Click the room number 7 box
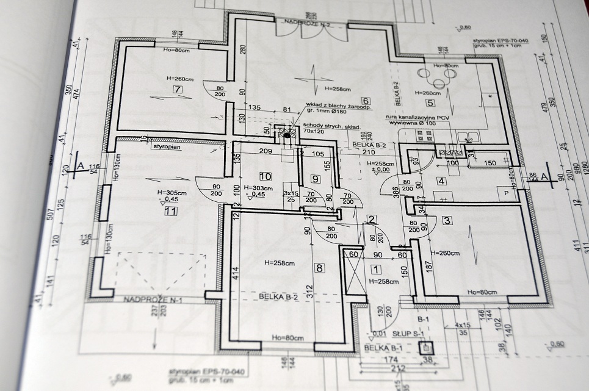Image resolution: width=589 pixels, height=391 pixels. [x=178, y=90]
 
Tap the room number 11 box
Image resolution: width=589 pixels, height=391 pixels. [x=171, y=211]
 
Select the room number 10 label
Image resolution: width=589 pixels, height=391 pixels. [x=265, y=176]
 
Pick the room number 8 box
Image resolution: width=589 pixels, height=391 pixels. [x=319, y=267]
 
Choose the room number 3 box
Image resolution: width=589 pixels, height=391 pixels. [x=447, y=220]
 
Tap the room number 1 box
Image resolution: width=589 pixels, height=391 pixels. [x=375, y=269]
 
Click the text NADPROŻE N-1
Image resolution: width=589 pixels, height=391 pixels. [x=149, y=299]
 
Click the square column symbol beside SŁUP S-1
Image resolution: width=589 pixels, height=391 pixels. [x=425, y=348]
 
